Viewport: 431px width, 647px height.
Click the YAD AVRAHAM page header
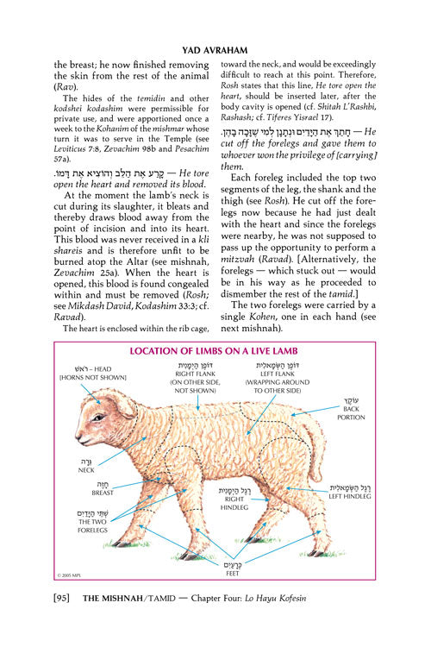click(x=215, y=37)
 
